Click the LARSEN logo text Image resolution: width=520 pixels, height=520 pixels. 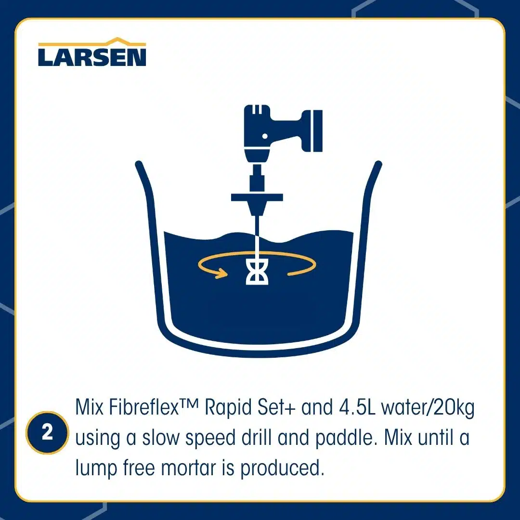pos(92,57)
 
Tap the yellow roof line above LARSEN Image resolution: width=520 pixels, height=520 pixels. pos(92,42)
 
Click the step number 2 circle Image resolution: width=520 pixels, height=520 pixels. pos(47,432)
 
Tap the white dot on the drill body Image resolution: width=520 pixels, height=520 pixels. pos(265,136)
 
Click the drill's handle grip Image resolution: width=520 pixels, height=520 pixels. pos(312,131)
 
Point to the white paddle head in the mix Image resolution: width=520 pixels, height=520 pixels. pos(257,272)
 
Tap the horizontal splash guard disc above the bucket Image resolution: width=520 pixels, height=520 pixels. pos(257,198)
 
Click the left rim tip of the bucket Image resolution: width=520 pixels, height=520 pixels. pos(139,164)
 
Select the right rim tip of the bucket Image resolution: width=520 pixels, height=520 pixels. pos(378,164)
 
